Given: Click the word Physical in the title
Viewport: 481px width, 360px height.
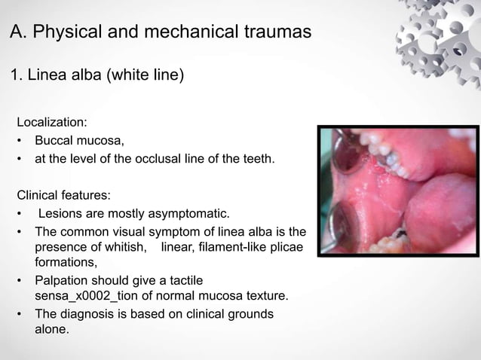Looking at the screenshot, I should point(66,34).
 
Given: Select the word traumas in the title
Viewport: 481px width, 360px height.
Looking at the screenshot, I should point(274,34).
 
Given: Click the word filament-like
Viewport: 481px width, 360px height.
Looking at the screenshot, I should point(232,249).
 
